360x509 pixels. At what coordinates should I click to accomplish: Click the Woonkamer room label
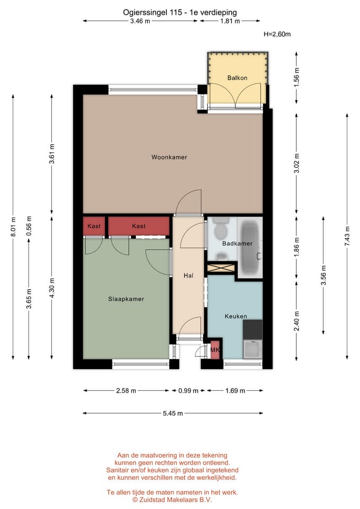click(x=169, y=157)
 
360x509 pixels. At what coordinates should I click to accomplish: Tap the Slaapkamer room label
click(x=126, y=299)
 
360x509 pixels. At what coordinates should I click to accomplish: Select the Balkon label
click(x=237, y=78)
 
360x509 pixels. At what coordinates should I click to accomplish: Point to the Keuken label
click(x=235, y=316)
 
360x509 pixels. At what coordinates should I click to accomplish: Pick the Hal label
click(x=188, y=276)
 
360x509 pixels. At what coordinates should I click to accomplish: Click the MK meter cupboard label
click(x=215, y=350)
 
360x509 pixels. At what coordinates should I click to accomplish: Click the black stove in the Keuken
click(x=252, y=329)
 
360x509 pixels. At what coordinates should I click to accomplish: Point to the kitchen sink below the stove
click(x=252, y=349)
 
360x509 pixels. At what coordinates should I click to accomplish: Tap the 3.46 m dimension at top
click(x=140, y=21)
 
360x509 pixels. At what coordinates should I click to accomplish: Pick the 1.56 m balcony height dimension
click(x=297, y=78)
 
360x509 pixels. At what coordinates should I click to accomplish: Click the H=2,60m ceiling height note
click(x=277, y=34)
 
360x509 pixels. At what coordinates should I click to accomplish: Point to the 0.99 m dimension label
click(x=188, y=391)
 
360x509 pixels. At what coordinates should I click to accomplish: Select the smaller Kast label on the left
click(x=94, y=226)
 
